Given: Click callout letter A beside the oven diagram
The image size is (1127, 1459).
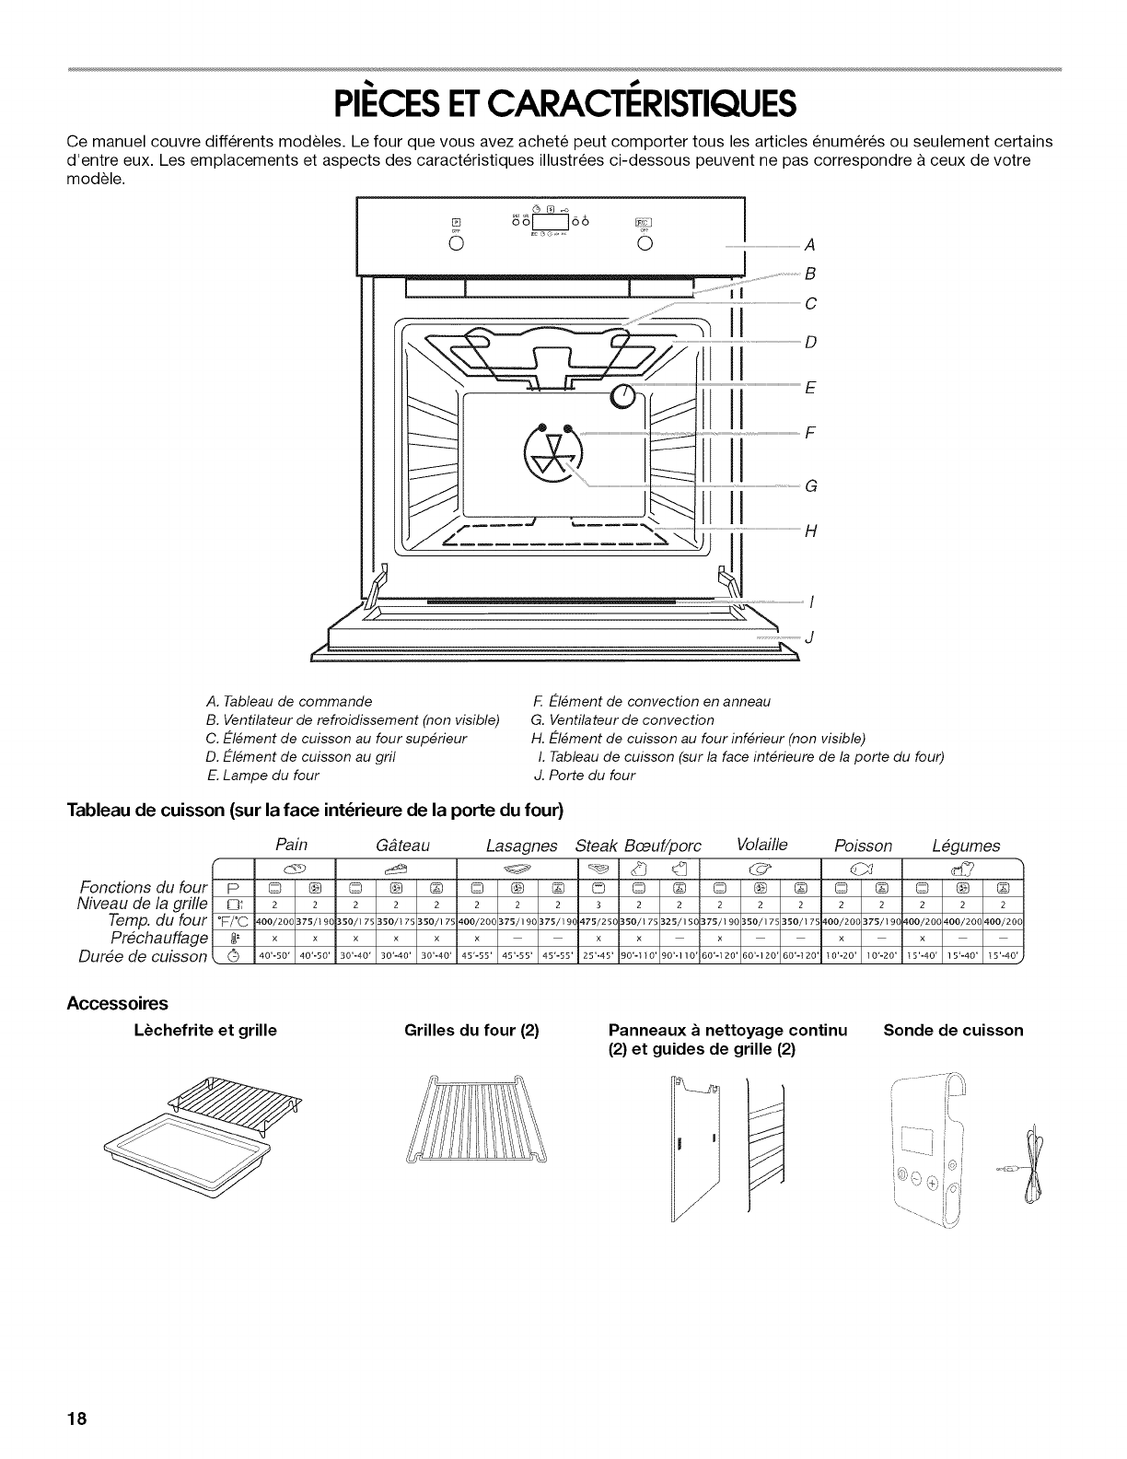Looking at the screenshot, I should point(810,245).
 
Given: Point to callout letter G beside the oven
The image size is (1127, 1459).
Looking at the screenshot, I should point(810,485).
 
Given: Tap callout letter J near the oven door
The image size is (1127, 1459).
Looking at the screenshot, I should point(810,637).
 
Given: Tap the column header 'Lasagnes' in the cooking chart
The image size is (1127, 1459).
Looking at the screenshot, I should point(522,845).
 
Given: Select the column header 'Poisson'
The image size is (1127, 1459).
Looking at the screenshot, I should point(863,845).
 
